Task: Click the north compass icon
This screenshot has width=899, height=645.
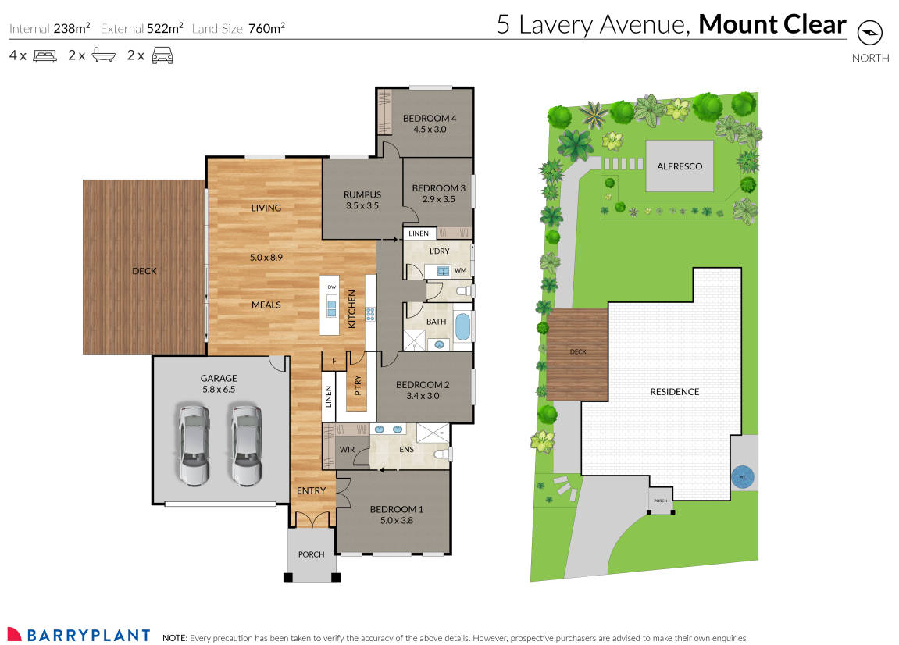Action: pyautogui.click(x=869, y=33)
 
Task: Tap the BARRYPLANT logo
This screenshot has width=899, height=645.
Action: pyautogui.click(x=78, y=635)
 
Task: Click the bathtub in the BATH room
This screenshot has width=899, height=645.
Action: pyautogui.click(x=462, y=326)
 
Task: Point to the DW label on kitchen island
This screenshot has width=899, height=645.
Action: pyautogui.click(x=331, y=287)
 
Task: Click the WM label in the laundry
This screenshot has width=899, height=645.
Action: pyautogui.click(x=460, y=270)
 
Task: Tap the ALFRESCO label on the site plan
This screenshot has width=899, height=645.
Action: pyautogui.click(x=679, y=166)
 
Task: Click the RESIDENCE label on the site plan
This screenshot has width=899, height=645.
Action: pyautogui.click(x=674, y=391)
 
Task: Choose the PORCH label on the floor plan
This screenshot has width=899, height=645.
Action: pyautogui.click(x=312, y=554)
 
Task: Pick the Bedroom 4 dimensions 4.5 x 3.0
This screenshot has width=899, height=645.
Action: pyautogui.click(x=429, y=130)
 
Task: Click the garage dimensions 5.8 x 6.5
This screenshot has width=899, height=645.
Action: pyautogui.click(x=218, y=389)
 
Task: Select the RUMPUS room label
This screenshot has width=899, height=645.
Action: pyautogui.click(x=362, y=194)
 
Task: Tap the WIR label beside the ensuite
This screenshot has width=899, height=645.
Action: pyautogui.click(x=348, y=449)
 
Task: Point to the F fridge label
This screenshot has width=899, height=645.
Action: pyautogui.click(x=334, y=361)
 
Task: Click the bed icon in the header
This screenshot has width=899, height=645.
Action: pyautogui.click(x=45, y=55)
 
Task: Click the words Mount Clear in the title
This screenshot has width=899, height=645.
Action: pyautogui.click(x=772, y=24)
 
